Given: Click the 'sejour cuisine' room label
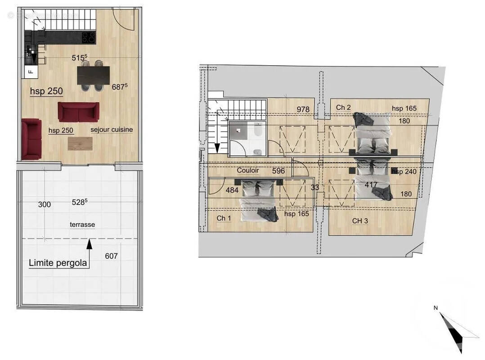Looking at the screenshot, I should point(112,130).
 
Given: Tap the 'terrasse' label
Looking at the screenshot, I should point(82,224).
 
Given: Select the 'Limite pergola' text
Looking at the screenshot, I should point(58,263).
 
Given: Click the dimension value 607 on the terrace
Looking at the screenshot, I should point(111,256).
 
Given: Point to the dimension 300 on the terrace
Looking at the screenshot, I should point(45,204).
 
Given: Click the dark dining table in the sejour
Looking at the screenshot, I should point(93,75).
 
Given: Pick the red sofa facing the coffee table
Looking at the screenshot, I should point(78,112).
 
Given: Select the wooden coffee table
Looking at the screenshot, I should point(80,144).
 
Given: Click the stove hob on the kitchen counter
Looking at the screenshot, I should point(88,37).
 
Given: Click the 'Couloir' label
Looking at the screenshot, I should point(248,171).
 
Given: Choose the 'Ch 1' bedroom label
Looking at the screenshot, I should point(224,218).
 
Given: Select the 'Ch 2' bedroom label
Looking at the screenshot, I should point(343,107).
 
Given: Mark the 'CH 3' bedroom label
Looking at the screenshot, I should point(360,220).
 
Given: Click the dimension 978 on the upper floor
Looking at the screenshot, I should point(303,109).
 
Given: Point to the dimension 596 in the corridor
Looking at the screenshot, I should point(279,171).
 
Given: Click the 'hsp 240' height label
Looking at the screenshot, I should point(404,171).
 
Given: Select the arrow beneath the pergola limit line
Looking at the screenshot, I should point(89,244).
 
